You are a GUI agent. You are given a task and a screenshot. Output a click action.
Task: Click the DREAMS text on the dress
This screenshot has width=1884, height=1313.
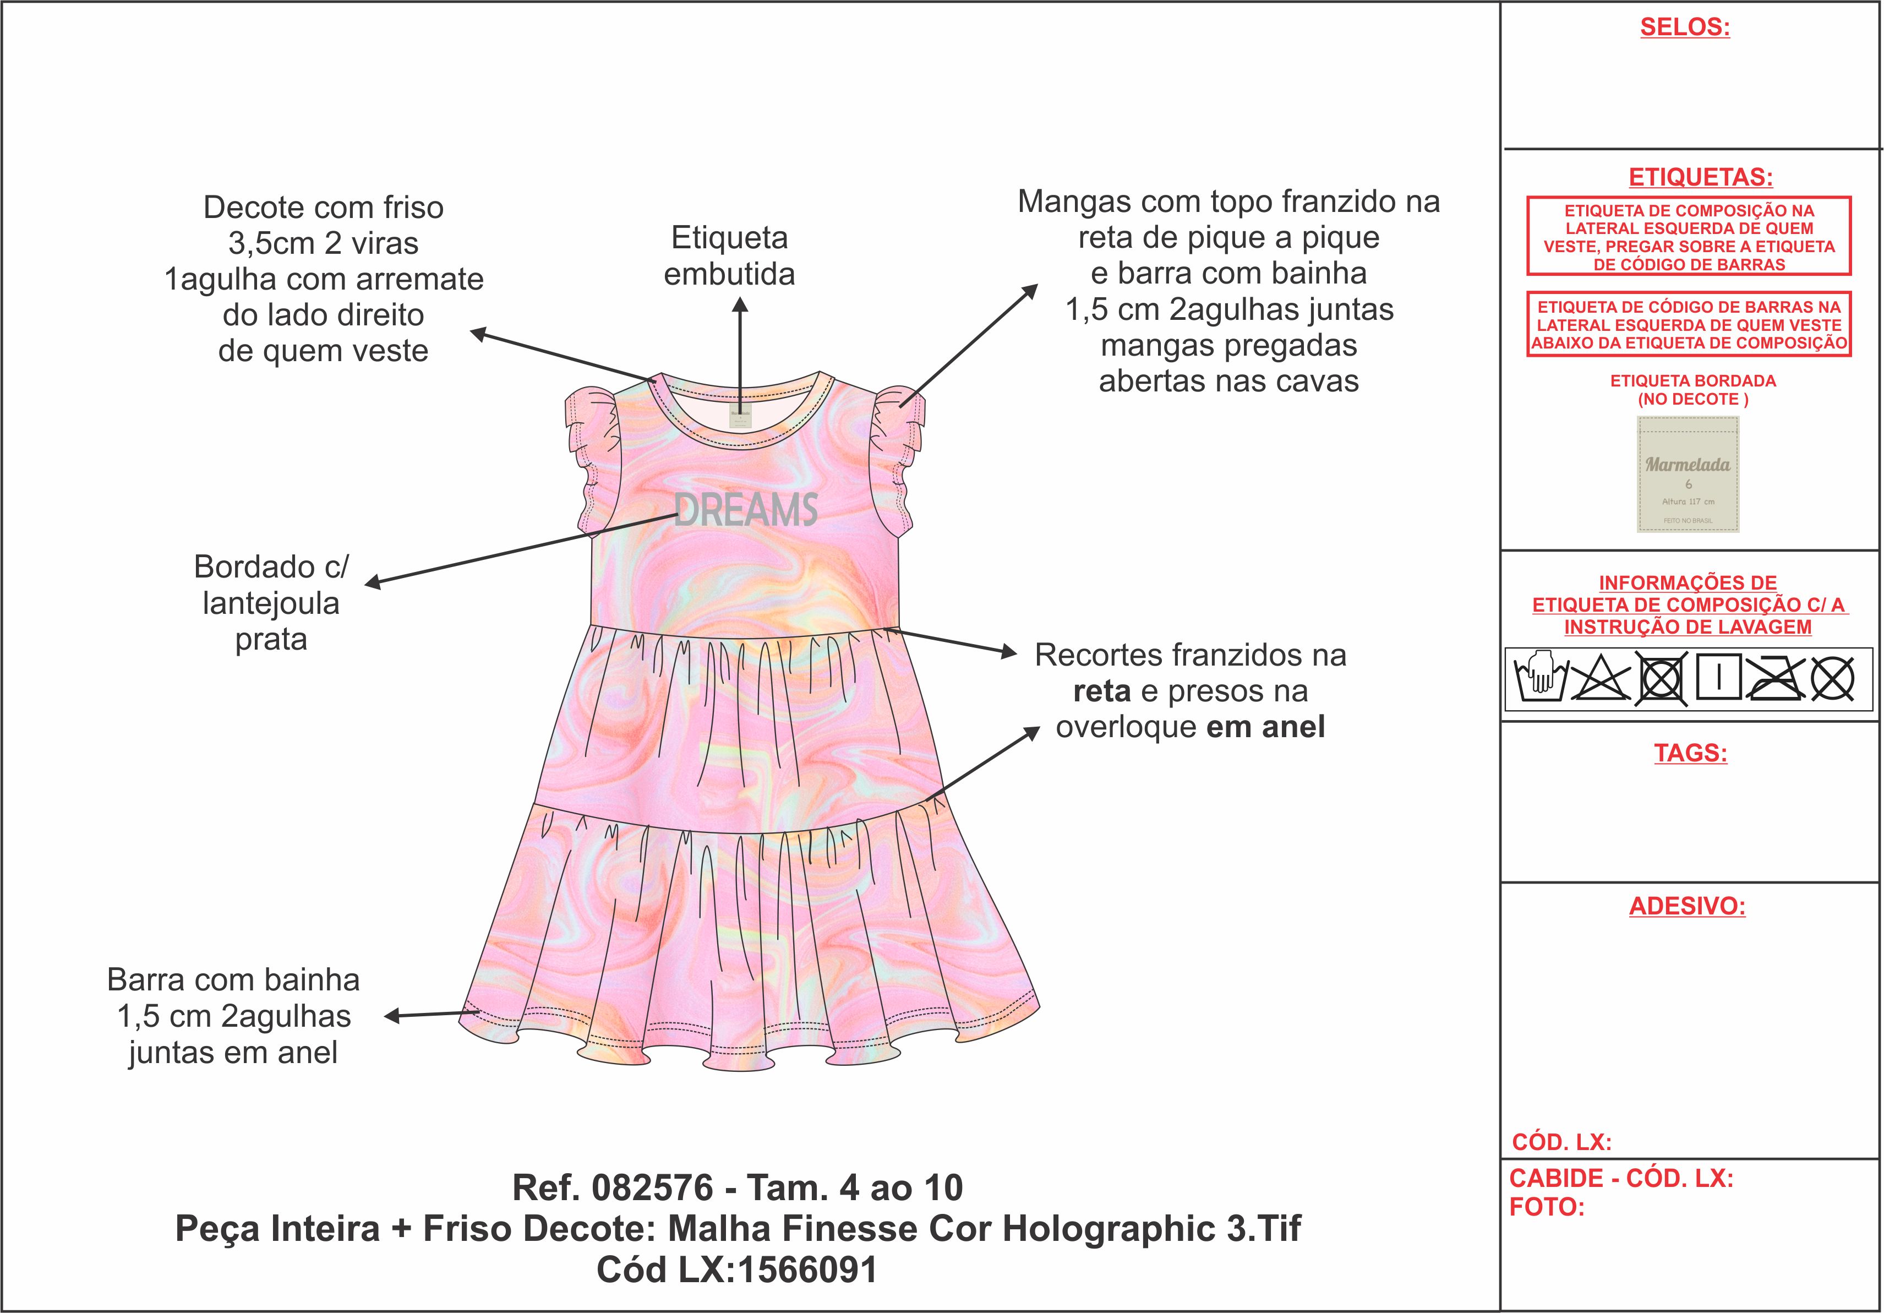pyautogui.click(x=746, y=510)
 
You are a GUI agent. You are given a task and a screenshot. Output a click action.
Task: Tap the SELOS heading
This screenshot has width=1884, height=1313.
pyautogui.click(x=1685, y=27)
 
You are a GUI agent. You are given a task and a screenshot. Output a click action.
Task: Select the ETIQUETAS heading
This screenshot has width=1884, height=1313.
pyautogui.click(x=1700, y=177)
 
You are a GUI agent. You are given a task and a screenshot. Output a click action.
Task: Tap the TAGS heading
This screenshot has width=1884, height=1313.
pyautogui.click(x=1690, y=753)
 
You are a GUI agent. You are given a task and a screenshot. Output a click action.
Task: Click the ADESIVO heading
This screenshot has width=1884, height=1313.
pyautogui.click(x=1687, y=906)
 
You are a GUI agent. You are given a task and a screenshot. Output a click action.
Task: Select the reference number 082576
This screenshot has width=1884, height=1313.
pyautogui.click(x=652, y=1187)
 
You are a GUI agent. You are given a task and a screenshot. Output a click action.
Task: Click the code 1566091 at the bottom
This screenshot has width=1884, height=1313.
pyautogui.click(x=807, y=1270)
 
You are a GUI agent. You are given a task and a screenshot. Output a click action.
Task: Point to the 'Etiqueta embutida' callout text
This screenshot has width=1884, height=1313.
pyautogui.click(x=729, y=256)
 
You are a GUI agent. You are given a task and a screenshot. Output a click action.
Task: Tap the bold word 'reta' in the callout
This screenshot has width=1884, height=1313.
pyautogui.click(x=1101, y=692)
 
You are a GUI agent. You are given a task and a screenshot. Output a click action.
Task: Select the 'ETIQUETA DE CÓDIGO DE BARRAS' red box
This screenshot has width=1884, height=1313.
pyautogui.click(x=1689, y=325)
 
